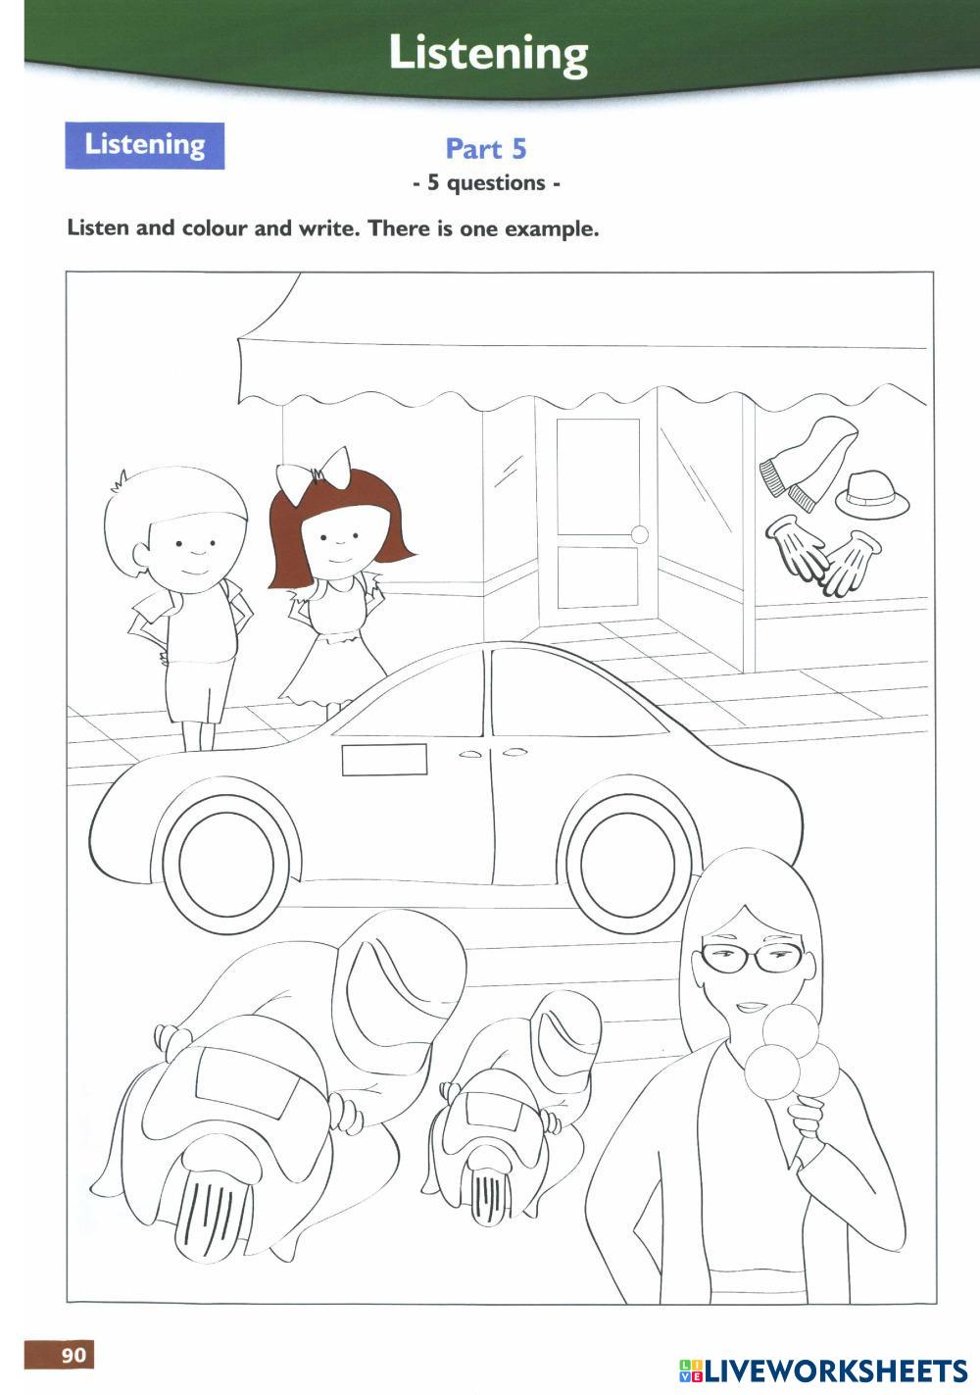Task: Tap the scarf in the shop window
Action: coord(807,464)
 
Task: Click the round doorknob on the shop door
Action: coord(639,534)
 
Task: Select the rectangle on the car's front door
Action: coord(384,760)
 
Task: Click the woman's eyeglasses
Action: coord(752,957)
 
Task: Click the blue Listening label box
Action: coord(145,145)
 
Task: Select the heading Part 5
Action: coord(486,149)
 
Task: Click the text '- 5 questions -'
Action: coord(486,183)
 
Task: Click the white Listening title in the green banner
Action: coord(488,53)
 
